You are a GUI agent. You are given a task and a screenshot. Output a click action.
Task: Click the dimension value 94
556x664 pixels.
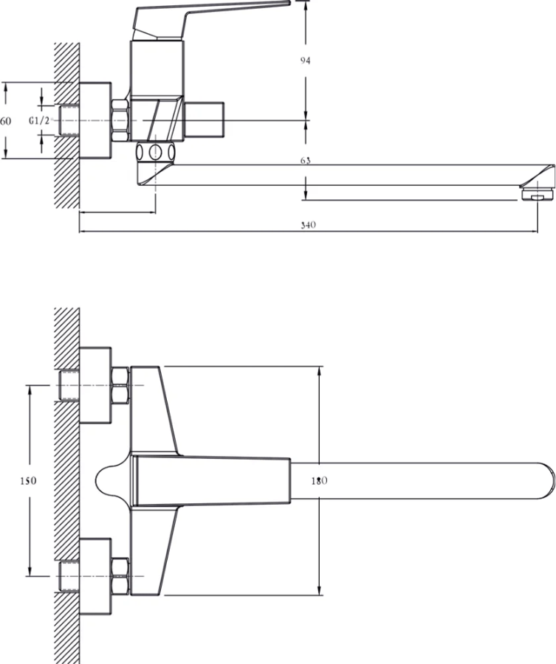305,61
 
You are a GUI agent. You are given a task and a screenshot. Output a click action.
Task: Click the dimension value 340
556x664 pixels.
309,226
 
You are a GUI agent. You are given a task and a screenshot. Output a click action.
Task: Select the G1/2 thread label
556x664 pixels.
39,120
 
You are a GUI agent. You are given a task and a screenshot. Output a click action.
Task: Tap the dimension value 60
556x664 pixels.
6,120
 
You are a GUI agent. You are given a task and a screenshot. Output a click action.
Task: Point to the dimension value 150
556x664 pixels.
27,481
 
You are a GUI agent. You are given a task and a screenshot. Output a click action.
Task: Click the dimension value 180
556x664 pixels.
319,481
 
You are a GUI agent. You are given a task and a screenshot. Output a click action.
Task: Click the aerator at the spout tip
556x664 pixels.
538,196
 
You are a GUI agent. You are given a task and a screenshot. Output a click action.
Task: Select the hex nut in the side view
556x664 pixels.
120,120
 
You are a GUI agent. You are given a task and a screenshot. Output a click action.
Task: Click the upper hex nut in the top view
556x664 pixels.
120,385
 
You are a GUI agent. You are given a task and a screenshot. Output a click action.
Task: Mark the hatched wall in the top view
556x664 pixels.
66,480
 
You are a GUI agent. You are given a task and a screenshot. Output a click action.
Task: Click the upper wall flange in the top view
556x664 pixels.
95,385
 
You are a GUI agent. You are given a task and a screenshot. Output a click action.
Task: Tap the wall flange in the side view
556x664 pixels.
95,120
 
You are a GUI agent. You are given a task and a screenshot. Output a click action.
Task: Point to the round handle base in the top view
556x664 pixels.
111,480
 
